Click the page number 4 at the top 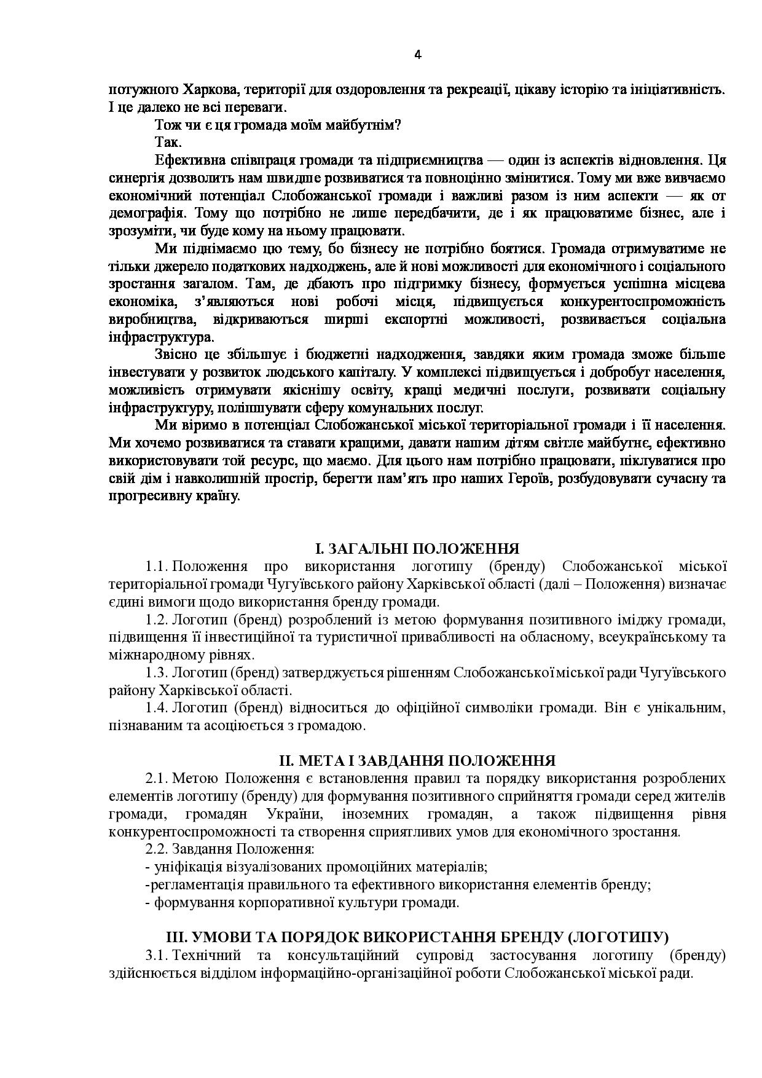coord(418,55)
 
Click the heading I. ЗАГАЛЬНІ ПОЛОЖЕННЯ coord(417,549)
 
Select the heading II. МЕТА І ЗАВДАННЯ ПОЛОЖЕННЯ coord(417,761)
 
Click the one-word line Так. coord(168,143)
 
